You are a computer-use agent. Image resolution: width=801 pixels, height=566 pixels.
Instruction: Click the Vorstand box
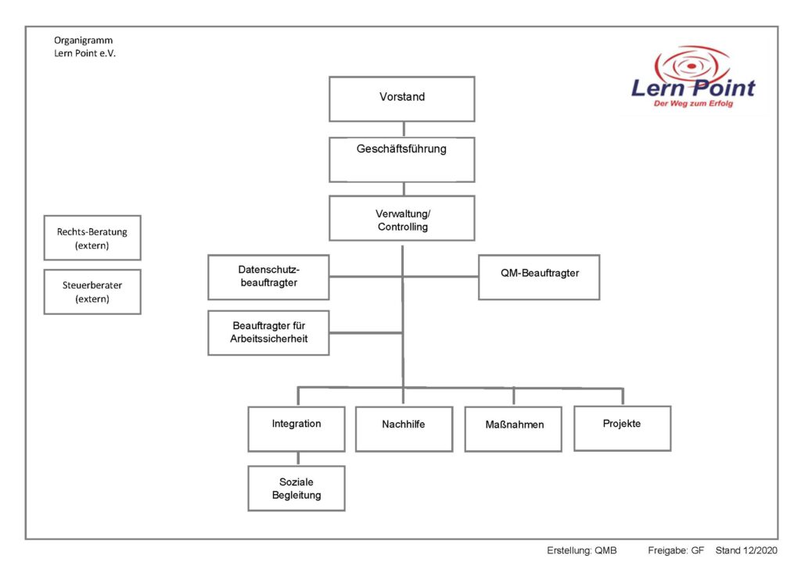point(401,99)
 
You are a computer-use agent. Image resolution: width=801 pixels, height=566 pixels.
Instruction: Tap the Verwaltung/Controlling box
point(401,218)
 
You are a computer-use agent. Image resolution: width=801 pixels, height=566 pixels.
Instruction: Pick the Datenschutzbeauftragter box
point(268,277)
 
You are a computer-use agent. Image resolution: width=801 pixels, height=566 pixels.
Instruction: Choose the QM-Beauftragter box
point(539,277)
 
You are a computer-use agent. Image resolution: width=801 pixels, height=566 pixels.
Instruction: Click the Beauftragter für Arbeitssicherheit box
point(268,332)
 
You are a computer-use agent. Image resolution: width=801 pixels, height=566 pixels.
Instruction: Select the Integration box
point(296,429)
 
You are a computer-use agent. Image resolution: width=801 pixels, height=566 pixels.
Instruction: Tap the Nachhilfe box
point(404,429)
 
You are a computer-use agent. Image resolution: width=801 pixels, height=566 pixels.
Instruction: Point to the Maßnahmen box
point(513,429)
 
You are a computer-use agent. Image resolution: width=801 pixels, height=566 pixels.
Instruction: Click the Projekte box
point(622,428)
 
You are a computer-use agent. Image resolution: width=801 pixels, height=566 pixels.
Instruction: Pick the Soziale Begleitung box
point(296,489)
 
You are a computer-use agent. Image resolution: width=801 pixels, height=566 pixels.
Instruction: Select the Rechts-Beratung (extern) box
point(92,238)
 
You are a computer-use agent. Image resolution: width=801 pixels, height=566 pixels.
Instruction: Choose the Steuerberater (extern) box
point(92,292)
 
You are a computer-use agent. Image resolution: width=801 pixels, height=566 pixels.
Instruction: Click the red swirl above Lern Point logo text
point(692,63)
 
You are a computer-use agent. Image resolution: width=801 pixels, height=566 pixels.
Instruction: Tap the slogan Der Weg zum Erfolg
point(693,103)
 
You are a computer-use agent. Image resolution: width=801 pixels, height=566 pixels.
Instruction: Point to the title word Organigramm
point(83,40)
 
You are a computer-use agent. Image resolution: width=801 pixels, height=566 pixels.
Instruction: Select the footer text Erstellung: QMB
point(581,551)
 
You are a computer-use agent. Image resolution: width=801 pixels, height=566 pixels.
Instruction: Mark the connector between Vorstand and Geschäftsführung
point(403,129)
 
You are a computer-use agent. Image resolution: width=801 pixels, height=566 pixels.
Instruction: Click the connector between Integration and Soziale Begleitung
point(296,459)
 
